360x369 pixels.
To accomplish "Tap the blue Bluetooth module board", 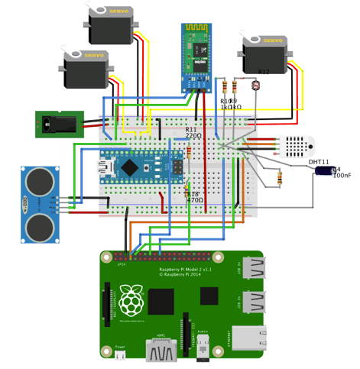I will click(x=196, y=57).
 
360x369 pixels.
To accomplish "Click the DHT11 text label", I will click(x=319, y=162).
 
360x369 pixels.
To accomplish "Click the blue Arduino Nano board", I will click(x=135, y=164).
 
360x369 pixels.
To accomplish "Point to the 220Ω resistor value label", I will click(x=194, y=135).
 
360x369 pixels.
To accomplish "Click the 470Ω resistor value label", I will click(x=196, y=199).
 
